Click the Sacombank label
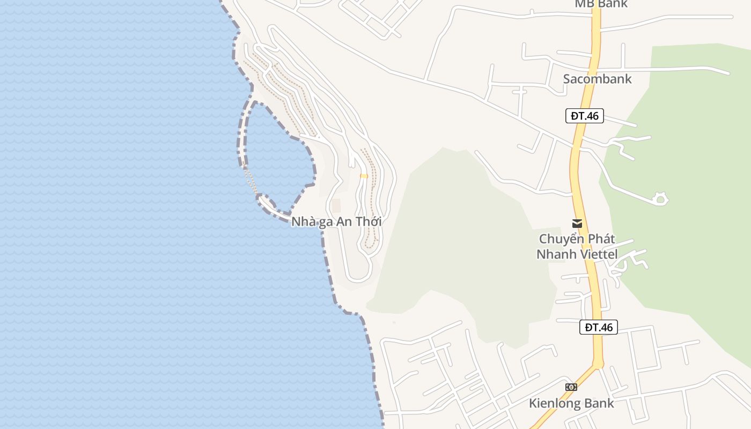597,79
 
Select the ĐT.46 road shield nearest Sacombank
584,116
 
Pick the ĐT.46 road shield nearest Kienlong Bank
598,327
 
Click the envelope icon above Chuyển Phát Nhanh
577,224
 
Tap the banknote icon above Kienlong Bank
571,387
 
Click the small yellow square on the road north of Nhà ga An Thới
364,176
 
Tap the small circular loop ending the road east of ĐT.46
661,199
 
